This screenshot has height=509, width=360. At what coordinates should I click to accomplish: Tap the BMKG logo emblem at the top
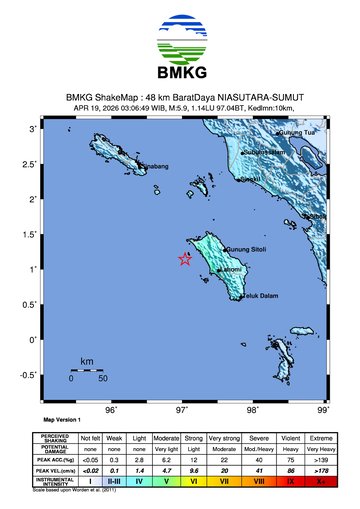click(180, 38)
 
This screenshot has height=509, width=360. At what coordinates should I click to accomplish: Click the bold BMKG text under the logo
click(180, 73)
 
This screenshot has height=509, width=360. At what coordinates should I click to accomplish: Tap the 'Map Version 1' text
click(62, 421)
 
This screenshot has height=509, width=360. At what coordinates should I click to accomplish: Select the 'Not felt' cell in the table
click(91, 438)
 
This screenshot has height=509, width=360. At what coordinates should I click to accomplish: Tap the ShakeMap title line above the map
click(180, 97)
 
